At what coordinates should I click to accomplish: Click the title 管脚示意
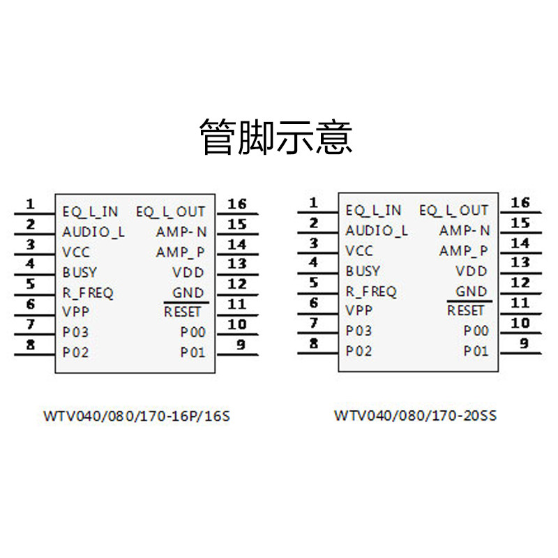pos(276,136)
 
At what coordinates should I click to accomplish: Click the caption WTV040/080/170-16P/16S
pos(136,417)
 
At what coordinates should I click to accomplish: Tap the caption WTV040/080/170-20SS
pos(416,416)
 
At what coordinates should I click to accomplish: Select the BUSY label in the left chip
pos(80,272)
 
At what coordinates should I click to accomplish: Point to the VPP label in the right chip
pos(359,310)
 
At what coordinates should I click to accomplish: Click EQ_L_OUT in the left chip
pos(171,211)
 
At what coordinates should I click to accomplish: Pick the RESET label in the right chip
pos(465,310)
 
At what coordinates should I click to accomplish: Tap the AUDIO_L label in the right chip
pos(377,230)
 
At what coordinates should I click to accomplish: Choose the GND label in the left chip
pos(188,293)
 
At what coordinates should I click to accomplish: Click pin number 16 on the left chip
pos(237,204)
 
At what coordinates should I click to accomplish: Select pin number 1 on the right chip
pos(314,203)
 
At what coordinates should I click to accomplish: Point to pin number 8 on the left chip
pos(30,345)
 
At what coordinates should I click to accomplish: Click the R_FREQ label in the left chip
pos(87,293)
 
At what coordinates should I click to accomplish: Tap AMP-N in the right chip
pos(465,230)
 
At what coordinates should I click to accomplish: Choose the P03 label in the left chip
pos(75,332)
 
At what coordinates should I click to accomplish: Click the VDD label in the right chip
pos(472,271)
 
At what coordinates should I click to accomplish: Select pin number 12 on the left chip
pos(237,284)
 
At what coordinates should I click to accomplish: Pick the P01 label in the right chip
pos(476,351)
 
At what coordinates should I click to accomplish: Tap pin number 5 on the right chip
pos(314,283)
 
